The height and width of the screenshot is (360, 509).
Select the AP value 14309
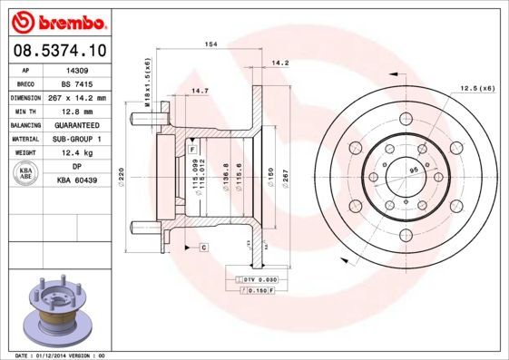78,70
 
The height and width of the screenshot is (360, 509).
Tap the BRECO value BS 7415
78,83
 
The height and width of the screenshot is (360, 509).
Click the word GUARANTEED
78,125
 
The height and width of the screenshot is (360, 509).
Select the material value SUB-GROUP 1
78,139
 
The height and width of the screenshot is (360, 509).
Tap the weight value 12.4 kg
78,153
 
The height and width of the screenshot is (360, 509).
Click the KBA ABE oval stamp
26,174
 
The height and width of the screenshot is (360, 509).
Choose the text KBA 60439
78,181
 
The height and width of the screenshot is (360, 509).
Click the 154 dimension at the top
210,44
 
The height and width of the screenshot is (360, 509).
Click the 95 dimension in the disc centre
415,169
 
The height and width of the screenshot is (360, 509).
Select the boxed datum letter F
193,136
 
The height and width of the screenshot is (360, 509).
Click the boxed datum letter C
203,247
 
